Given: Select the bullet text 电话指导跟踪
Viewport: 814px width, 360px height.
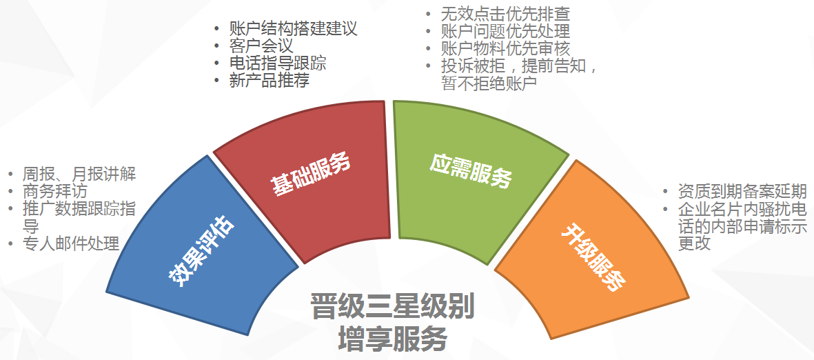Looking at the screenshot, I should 278,63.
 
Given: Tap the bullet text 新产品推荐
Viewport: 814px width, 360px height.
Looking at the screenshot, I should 269,81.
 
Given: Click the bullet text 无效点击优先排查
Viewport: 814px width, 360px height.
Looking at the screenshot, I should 506,13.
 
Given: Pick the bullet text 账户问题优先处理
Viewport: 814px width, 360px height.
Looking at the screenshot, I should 506,31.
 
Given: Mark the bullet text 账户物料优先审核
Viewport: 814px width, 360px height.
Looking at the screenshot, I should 506,49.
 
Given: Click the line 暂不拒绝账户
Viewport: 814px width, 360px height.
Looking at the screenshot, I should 489,84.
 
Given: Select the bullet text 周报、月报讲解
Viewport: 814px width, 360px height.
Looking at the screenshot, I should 79,174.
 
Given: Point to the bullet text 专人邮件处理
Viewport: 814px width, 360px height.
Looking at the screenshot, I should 72,243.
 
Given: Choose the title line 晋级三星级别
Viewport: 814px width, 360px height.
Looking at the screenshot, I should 392,306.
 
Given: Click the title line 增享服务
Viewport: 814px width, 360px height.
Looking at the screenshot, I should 392,339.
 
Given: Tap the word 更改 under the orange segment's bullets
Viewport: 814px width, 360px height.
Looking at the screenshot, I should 695,243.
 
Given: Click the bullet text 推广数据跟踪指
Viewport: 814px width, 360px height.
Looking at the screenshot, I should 79,208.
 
